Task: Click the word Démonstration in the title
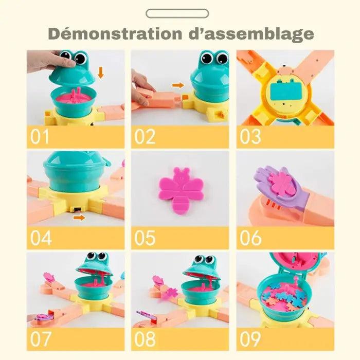tap(115, 34)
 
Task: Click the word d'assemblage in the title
tap(251, 34)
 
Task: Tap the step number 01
tap(40, 137)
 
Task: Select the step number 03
tap(250, 137)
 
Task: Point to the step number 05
tap(145, 238)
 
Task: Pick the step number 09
tap(250, 338)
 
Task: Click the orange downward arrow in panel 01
tap(101, 73)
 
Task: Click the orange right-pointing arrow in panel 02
tap(178, 85)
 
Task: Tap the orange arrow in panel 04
tap(79, 218)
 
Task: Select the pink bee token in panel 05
tap(181, 190)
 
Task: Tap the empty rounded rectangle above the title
tap(177, 13)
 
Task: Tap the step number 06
tap(250, 238)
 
